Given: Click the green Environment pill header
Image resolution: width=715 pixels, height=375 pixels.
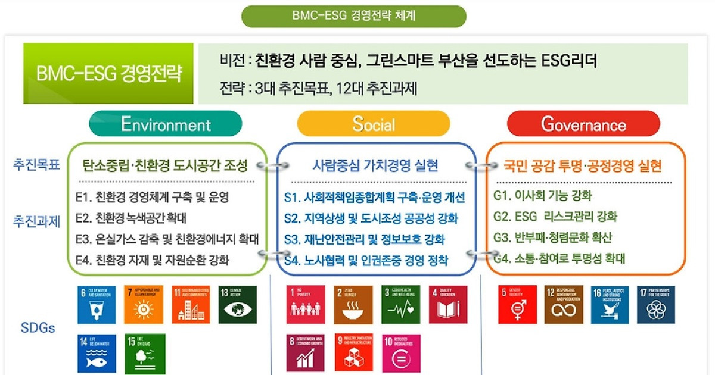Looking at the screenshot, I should [166, 124].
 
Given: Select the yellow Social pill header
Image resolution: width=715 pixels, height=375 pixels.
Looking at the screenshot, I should [374, 124].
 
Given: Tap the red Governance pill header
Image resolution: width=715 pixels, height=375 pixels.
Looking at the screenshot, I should [583, 124].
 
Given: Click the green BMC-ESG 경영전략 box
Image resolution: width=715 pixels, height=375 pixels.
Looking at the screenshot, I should [108, 74].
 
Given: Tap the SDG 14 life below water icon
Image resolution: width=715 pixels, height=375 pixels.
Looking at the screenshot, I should [97, 353].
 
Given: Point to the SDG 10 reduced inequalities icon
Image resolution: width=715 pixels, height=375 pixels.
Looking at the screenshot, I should [401, 353].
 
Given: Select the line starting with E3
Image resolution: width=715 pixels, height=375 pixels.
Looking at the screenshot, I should [167, 239].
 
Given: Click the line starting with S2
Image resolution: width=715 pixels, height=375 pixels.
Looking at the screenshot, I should [371, 218].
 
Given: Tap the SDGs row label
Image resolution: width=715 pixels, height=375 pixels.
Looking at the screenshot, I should [38, 328].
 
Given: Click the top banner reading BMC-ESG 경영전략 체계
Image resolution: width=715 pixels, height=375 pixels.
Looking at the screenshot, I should [354, 15].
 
